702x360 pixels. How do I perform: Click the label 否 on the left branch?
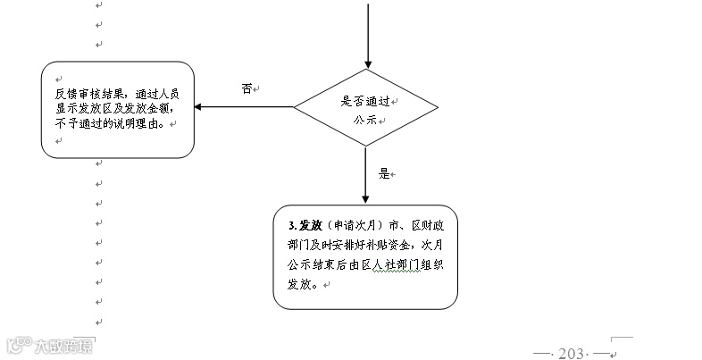(x=247, y=88)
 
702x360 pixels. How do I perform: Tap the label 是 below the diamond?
(x=385, y=173)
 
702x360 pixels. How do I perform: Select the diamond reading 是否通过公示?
(x=366, y=108)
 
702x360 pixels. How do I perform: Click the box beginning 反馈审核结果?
(x=117, y=109)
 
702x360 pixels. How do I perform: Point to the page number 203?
(x=570, y=354)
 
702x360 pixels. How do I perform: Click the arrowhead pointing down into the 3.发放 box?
(x=366, y=197)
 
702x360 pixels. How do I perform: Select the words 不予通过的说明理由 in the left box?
(x=108, y=124)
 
